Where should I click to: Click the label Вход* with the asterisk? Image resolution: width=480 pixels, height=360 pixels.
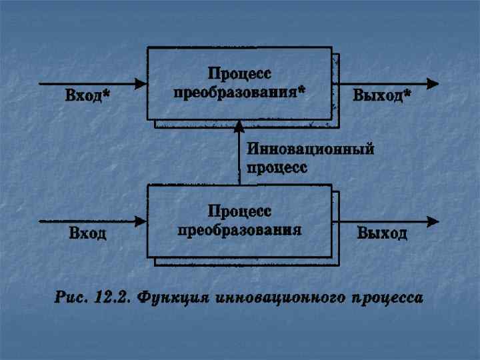click(x=87, y=97)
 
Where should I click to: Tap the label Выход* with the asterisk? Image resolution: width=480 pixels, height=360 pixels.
click(x=381, y=97)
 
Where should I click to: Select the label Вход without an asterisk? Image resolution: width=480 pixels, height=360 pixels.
click(x=87, y=234)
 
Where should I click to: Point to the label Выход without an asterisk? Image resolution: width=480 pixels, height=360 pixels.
click(x=382, y=234)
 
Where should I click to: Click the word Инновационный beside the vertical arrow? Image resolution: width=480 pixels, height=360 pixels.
click(x=310, y=150)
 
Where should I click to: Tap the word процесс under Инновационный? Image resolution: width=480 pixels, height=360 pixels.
click(x=277, y=167)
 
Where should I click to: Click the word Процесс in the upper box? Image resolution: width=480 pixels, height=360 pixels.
click(x=239, y=73)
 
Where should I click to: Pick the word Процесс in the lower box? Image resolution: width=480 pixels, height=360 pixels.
click(x=239, y=211)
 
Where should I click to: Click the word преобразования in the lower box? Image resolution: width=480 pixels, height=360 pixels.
click(x=239, y=231)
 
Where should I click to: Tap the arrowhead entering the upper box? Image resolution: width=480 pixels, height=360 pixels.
click(x=141, y=83)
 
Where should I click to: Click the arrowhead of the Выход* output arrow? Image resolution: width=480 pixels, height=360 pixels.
click(x=433, y=83)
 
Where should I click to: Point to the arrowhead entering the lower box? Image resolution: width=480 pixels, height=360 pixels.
click(x=141, y=221)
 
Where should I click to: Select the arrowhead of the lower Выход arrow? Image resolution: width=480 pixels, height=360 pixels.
click(x=433, y=221)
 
